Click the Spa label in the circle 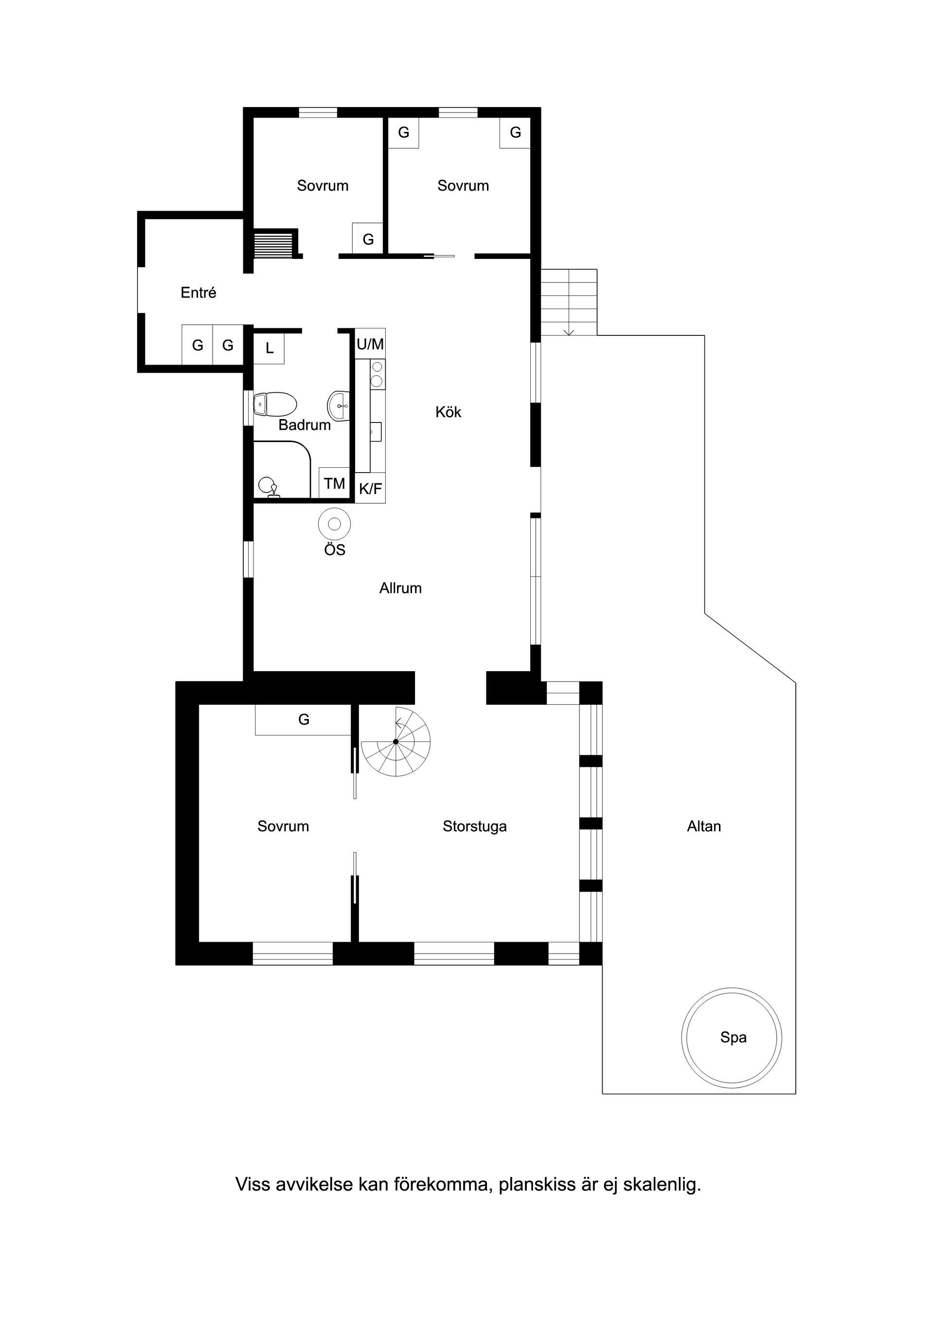click(733, 1038)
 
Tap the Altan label click(704, 826)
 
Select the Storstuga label click(475, 827)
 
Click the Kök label click(449, 412)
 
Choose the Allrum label click(400, 588)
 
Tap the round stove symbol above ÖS click(334, 524)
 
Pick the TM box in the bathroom click(334, 482)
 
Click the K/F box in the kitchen click(370, 488)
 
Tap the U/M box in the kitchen click(370, 344)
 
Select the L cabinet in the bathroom click(269, 348)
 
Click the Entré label click(198, 293)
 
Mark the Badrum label click(305, 425)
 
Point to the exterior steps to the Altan click(569, 302)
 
